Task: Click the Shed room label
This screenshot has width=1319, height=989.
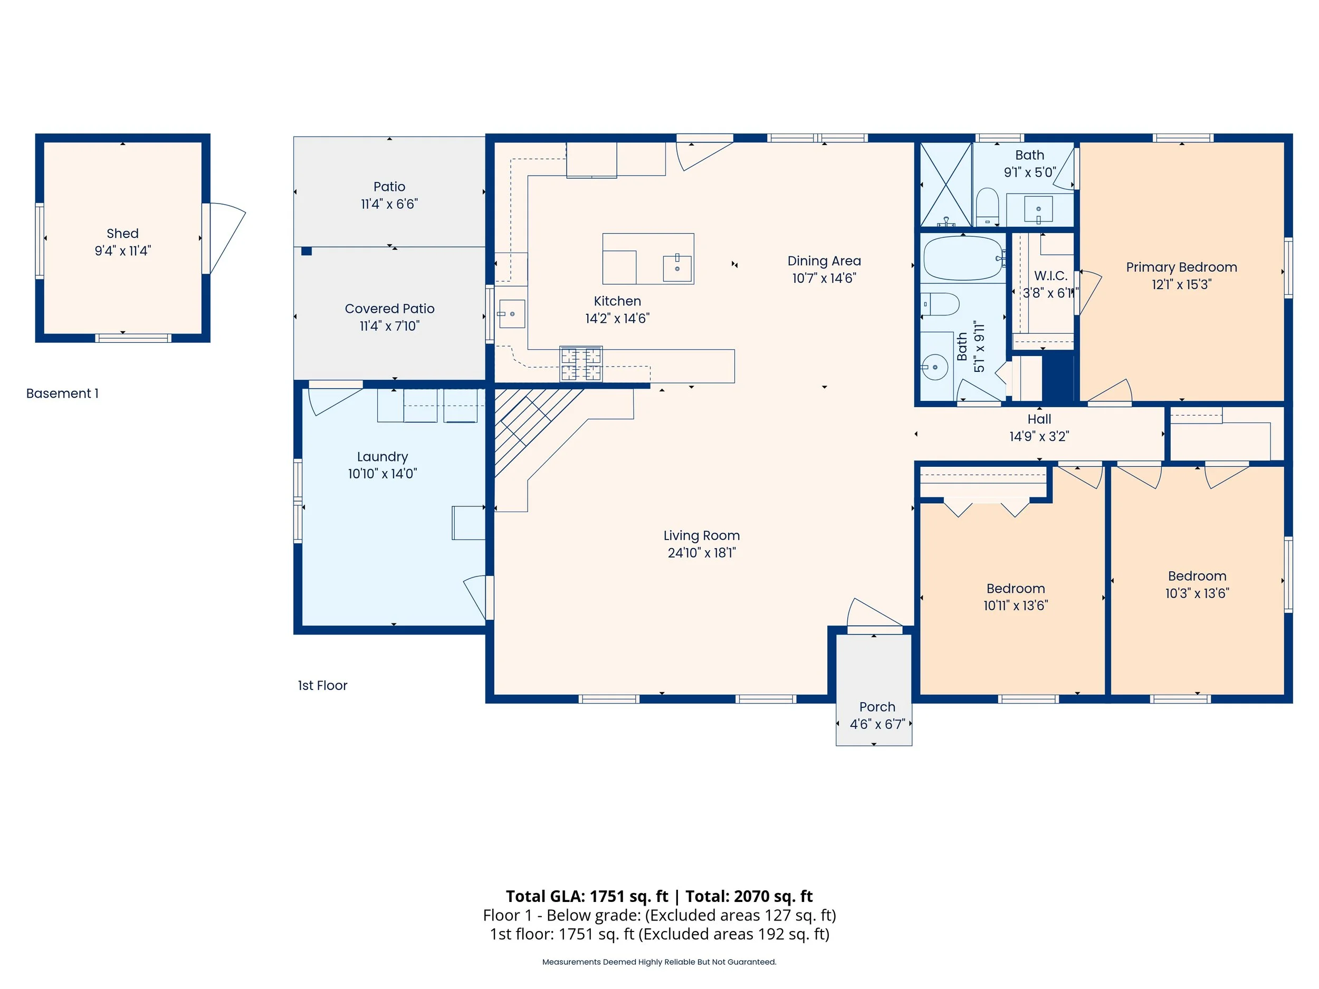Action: (x=122, y=234)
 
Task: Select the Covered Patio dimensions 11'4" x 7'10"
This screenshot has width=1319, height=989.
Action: (x=389, y=326)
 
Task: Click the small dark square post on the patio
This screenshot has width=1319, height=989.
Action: (x=307, y=251)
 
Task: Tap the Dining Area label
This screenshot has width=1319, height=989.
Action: (x=824, y=261)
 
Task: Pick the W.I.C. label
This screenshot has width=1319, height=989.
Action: (x=1050, y=276)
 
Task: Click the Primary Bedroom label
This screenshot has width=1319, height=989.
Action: (x=1181, y=267)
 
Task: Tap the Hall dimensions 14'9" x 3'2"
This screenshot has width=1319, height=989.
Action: (x=1039, y=436)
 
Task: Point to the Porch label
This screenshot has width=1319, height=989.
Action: (x=876, y=707)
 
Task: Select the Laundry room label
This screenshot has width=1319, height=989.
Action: (x=382, y=457)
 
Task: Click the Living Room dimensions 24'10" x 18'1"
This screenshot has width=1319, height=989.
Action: (x=701, y=553)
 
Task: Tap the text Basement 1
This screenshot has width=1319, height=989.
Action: (x=62, y=393)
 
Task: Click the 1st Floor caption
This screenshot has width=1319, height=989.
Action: (x=322, y=686)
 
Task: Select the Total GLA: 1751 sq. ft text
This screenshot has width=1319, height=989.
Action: (x=587, y=896)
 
